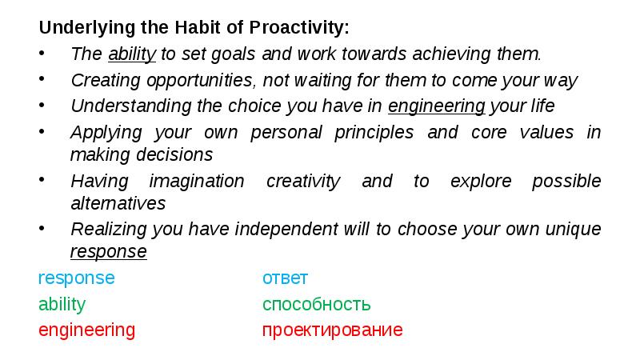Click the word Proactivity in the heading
(300, 28)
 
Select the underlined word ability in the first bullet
(131, 54)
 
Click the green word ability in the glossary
(62, 305)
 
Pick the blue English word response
(76, 278)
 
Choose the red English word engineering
(86, 330)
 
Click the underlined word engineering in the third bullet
(436, 106)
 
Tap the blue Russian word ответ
(285, 278)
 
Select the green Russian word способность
(316, 305)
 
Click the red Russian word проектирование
(332, 330)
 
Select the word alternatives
(118, 203)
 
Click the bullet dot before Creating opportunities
(42, 81)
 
